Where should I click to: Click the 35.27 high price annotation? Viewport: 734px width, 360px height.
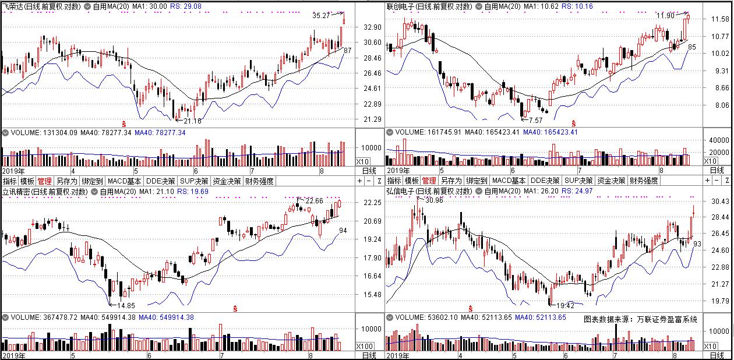coord(321,16)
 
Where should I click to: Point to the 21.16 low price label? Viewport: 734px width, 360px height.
coord(192,121)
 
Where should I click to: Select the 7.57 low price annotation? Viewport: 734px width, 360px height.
coord(535,120)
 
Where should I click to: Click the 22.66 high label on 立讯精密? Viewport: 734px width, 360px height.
coord(314,200)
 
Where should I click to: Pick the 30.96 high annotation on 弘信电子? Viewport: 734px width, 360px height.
coord(435,200)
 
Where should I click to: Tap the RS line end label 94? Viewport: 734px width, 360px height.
coord(344,231)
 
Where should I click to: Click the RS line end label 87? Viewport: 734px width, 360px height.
coord(348,51)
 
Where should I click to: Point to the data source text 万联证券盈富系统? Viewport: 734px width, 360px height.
coord(666,319)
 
